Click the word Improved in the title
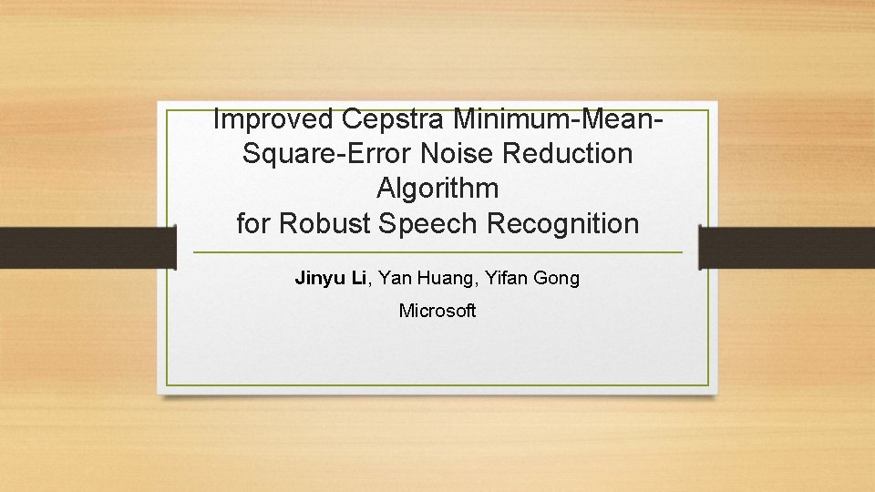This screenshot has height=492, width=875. click(x=273, y=118)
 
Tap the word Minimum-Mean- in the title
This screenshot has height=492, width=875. click(x=556, y=118)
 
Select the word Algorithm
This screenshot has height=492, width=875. click(x=437, y=189)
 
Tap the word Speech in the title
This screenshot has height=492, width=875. click(x=431, y=223)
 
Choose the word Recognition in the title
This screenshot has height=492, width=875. click(x=563, y=223)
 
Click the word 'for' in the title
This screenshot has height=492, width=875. click(x=253, y=223)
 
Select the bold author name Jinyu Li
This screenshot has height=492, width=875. click(x=330, y=278)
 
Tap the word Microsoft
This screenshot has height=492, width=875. click(x=437, y=311)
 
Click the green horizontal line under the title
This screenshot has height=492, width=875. click(x=437, y=252)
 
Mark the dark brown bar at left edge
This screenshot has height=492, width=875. click(x=87, y=248)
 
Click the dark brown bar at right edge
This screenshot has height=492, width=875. click(x=787, y=248)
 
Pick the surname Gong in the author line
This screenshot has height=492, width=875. click(x=557, y=278)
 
